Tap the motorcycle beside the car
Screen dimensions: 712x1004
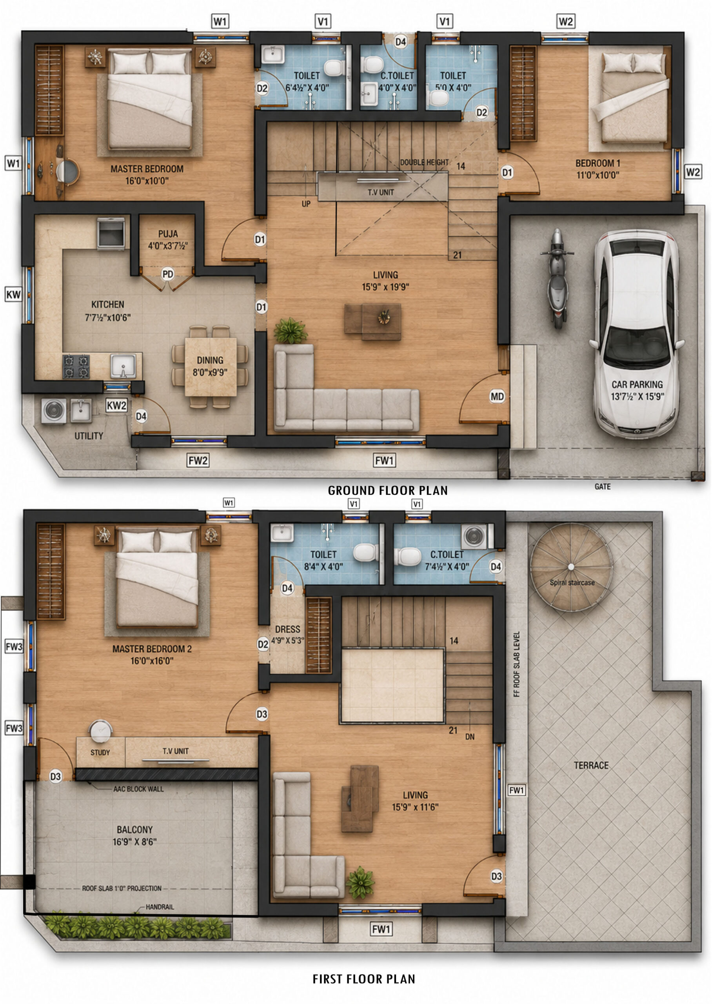[557, 278]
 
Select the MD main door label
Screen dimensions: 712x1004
[497, 397]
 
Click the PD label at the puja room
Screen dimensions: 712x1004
[167, 275]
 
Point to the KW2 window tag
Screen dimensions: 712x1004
[116, 406]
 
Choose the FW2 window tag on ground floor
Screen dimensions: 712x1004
[198, 460]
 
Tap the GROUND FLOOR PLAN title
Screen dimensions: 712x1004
[388, 490]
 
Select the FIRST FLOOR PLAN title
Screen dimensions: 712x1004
[363, 979]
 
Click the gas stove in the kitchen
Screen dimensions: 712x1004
[76, 367]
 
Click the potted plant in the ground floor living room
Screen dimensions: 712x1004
[290, 331]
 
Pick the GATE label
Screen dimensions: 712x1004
[602, 486]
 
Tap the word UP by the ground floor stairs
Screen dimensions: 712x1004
[306, 204]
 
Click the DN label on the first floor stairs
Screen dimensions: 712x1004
[470, 737]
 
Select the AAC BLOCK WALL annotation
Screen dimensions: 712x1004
[138, 789]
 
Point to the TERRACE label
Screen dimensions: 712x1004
[591, 765]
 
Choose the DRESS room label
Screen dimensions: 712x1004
[288, 629]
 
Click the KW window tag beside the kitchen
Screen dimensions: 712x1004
[13, 294]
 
